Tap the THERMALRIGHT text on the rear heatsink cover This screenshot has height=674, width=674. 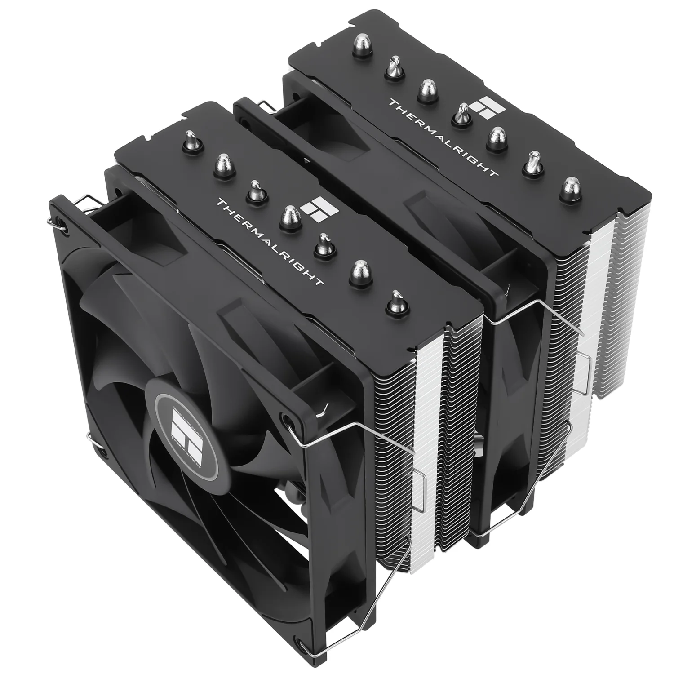click(443, 137)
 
